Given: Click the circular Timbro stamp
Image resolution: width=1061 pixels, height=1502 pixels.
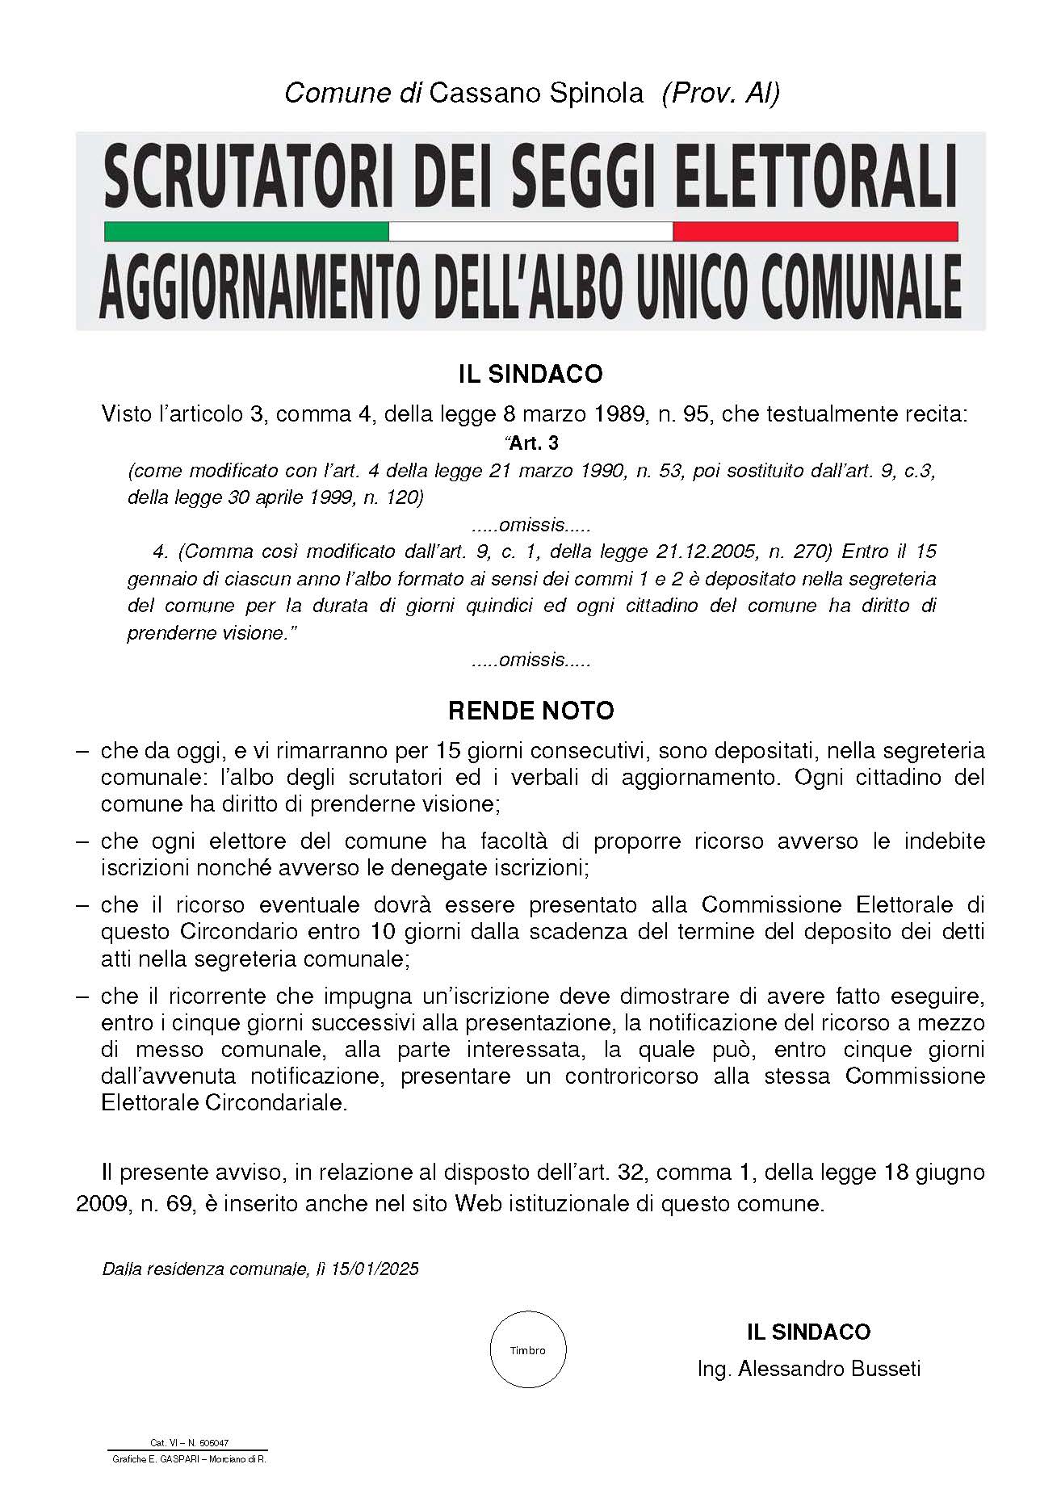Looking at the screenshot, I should click(x=528, y=1349).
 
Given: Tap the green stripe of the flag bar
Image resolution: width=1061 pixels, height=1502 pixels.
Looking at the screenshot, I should click(x=246, y=232).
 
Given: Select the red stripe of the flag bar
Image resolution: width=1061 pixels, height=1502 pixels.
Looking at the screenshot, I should click(x=815, y=232).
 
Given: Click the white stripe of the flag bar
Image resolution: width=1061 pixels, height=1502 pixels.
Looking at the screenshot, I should click(x=530, y=232).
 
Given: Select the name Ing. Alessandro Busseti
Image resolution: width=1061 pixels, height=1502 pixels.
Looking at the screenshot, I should click(x=809, y=1368).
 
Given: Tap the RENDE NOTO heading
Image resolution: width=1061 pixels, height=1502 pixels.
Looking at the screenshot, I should click(x=530, y=711).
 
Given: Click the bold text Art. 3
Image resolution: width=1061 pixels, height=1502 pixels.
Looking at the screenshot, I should click(x=533, y=443).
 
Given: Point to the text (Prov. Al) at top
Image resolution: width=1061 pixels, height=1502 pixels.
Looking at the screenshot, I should click(x=720, y=93).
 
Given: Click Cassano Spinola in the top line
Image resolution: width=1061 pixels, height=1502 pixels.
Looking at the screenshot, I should click(x=536, y=93).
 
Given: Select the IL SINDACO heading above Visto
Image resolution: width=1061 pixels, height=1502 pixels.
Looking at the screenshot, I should click(x=530, y=374).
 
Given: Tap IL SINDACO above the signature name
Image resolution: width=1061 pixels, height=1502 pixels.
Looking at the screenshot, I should click(x=808, y=1332).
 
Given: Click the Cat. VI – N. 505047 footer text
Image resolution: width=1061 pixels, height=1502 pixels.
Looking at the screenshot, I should click(x=189, y=1442).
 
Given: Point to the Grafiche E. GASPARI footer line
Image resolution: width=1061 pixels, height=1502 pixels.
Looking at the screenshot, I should click(x=189, y=1459).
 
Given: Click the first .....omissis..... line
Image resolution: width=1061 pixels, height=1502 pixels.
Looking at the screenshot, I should click(x=530, y=525).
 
